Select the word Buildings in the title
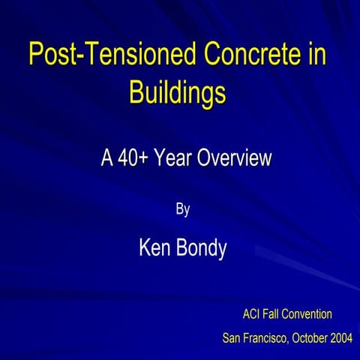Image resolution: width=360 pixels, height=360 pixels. pyautogui.click(x=178, y=93)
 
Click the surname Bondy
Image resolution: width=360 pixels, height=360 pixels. pyautogui.click(x=201, y=249)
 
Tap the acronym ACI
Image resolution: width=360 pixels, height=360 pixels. pyautogui.click(x=253, y=313)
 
